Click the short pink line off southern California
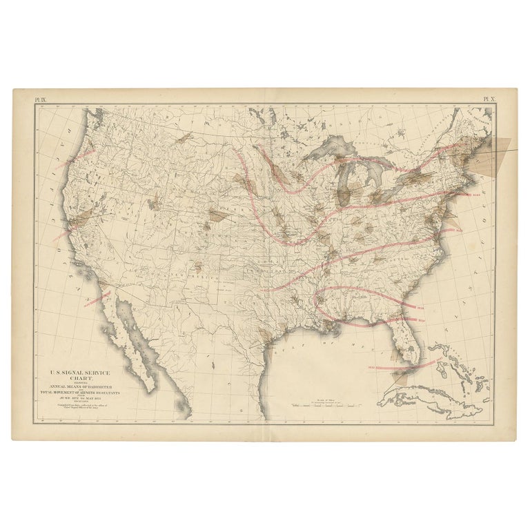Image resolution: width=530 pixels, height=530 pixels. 97,299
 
